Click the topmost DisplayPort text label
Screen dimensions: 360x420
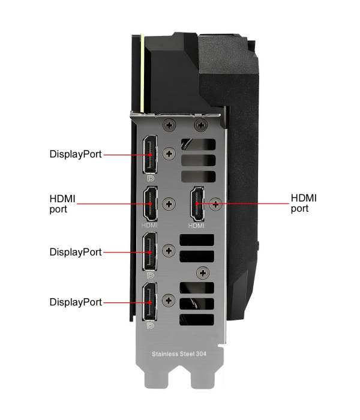(76, 154)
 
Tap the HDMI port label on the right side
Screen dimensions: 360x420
(304, 203)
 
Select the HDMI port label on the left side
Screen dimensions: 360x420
(62, 204)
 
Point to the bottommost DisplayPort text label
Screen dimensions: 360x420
(76, 302)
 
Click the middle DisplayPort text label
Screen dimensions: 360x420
(76, 252)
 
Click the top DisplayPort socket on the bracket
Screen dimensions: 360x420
(150, 155)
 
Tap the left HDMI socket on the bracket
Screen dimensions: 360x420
(150, 204)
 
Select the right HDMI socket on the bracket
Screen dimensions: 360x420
(197, 204)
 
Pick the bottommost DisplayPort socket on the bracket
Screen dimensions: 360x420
(150, 302)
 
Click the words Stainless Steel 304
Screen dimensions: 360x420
(179, 354)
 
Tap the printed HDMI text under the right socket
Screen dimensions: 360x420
(196, 226)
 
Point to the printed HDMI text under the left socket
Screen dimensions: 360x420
(149, 225)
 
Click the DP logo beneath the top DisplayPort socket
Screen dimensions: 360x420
(151, 178)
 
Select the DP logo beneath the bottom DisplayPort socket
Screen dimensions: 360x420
(150, 325)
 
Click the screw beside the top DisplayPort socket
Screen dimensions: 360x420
(169, 154)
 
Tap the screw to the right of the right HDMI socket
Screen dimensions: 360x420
(215, 205)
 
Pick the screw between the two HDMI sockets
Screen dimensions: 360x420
(169, 204)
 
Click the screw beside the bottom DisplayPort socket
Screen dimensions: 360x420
(169, 300)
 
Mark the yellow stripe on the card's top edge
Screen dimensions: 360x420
(143, 73)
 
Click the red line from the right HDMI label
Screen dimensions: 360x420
(243, 203)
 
